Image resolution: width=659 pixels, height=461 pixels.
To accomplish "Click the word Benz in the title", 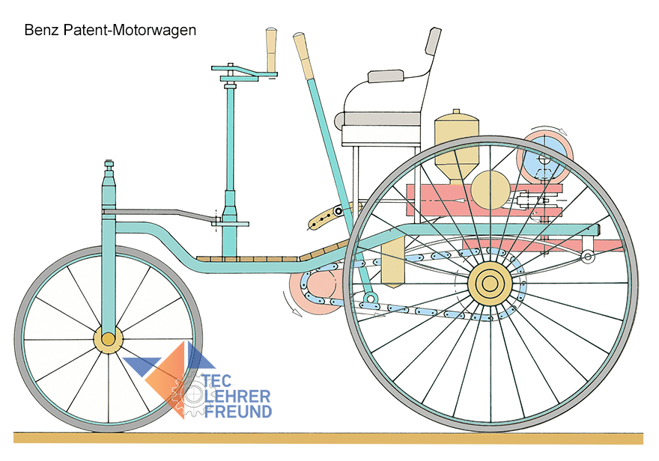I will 40,31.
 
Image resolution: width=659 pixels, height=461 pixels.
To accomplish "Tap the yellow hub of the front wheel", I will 108,340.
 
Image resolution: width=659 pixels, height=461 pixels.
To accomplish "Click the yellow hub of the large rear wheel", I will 490,284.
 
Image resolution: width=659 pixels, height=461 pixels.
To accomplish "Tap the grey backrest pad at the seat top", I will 434,40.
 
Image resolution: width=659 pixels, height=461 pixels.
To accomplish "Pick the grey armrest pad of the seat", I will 386,76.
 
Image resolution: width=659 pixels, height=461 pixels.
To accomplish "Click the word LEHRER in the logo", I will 237,396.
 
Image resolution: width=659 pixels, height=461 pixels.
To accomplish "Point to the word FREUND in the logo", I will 237,411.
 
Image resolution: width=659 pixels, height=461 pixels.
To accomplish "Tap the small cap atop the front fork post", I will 109,163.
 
